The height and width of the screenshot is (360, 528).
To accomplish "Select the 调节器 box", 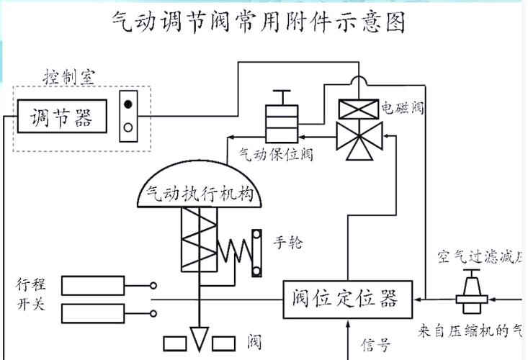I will click(61, 117).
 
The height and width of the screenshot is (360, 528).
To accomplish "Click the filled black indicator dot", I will click(128, 104).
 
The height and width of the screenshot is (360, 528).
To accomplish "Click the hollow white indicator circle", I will click(128, 127).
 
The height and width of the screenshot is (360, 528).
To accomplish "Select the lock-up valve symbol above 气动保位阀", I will click(282, 119).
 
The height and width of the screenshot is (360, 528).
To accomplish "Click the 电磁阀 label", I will click(402, 109).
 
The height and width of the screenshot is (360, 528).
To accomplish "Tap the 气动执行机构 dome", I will click(197, 186).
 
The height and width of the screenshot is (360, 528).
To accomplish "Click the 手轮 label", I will click(288, 242).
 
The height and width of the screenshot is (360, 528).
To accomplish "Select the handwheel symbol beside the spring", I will click(256, 252).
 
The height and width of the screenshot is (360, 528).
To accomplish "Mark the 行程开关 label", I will click(30, 293).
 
